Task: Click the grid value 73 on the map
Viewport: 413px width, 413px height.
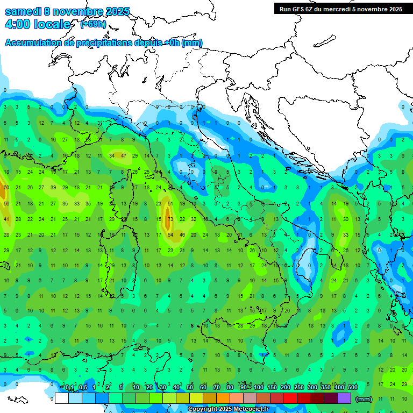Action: tap(170, 219)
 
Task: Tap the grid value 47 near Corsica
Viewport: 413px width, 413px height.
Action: tap(124, 155)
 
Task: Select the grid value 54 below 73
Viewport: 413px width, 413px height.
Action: tap(170, 235)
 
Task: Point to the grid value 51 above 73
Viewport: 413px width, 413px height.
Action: tap(170, 204)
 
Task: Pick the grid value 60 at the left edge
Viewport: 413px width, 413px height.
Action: tap(6, 188)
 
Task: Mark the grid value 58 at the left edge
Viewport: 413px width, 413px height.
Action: tap(6, 204)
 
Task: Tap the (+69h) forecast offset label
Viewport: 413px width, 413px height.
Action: tap(92, 24)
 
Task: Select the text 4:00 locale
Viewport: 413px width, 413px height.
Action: tap(38, 24)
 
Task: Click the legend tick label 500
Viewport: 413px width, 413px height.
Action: tap(353, 387)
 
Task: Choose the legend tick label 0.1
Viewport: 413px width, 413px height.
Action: tap(69, 387)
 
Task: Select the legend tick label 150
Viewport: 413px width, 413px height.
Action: tap(272, 387)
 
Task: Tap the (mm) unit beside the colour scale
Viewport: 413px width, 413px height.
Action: tap(364, 399)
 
